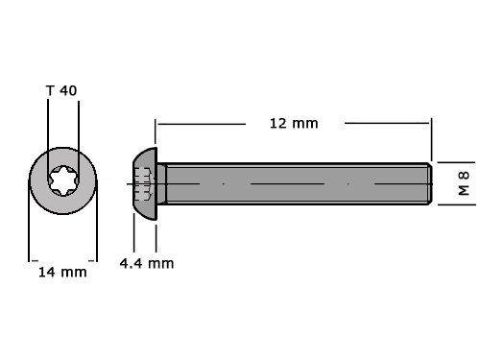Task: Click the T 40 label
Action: pyautogui.click(x=61, y=90)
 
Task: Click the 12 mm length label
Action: pyautogui.click(x=294, y=124)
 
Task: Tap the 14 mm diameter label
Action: pyautogui.click(x=62, y=273)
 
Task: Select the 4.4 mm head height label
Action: pyautogui.click(x=147, y=263)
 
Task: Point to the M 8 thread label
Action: pyautogui.click(x=464, y=183)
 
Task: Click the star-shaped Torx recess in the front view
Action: pyautogui.click(x=63, y=180)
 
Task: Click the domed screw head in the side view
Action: pyautogui.click(x=145, y=183)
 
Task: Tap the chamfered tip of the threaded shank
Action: pyautogui.click(x=430, y=183)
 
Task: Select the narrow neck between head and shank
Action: pyautogui.click(x=161, y=183)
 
